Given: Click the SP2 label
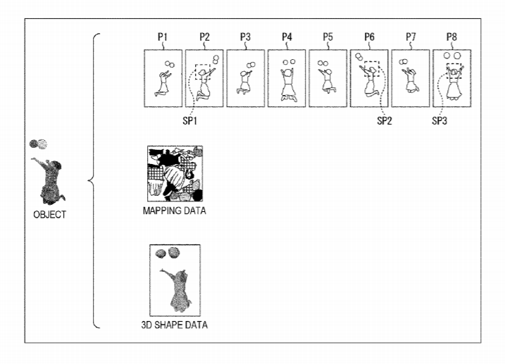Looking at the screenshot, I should coord(384,120).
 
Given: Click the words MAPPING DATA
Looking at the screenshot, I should coord(174,211).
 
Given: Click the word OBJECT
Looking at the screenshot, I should coord(49,215).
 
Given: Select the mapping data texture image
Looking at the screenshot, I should coord(174,174).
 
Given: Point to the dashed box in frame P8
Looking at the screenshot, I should coord(454,70).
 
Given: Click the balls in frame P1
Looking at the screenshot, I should coord(169,65).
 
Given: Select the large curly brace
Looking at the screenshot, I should coord(94,180).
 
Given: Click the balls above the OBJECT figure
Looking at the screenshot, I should coord(39,144).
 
